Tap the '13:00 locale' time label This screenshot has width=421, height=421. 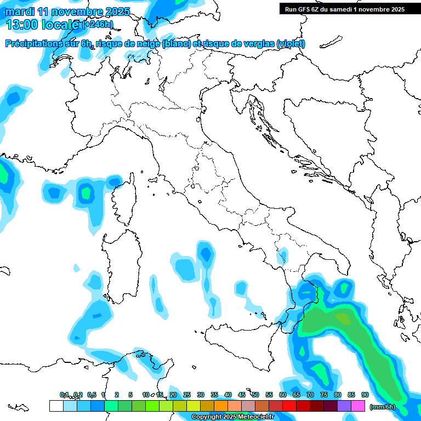tap(43, 25)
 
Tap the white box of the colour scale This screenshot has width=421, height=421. tap(55, 406)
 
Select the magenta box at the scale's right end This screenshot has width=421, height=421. tap(358, 406)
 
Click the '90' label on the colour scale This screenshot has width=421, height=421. tap(365, 395)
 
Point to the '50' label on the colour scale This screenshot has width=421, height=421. tap(255, 395)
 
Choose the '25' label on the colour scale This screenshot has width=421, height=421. tap(187, 395)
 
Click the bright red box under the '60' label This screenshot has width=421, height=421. tap(289, 406)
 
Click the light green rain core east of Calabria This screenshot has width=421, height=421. tap(344, 318)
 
